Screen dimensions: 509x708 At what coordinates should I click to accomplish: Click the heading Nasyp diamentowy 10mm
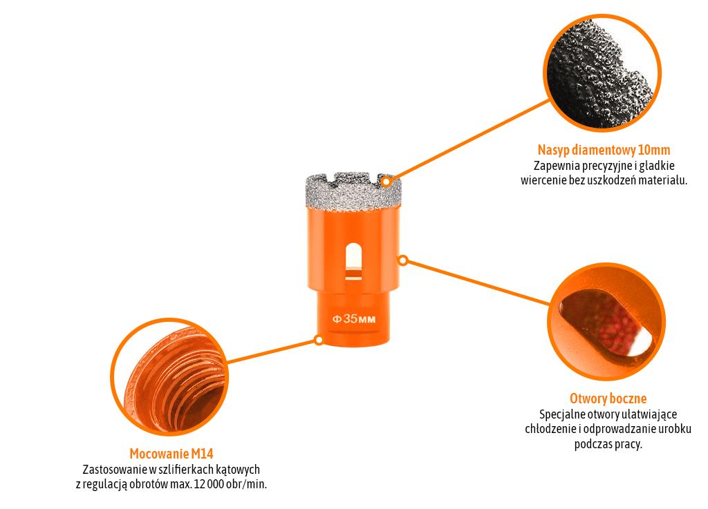(604, 150)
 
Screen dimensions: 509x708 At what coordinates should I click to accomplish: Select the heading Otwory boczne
(608, 398)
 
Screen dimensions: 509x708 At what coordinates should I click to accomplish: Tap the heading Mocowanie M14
(171, 454)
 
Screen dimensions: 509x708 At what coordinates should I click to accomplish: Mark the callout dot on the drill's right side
(403, 260)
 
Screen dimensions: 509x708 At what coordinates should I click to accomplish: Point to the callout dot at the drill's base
(319, 340)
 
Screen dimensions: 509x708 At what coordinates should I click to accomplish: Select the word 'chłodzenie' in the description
(551, 429)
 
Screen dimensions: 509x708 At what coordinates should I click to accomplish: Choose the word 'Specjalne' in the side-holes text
(562, 414)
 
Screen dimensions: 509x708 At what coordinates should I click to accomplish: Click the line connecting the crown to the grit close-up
(470, 138)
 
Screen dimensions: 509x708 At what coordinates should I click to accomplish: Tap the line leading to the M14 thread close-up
(270, 351)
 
